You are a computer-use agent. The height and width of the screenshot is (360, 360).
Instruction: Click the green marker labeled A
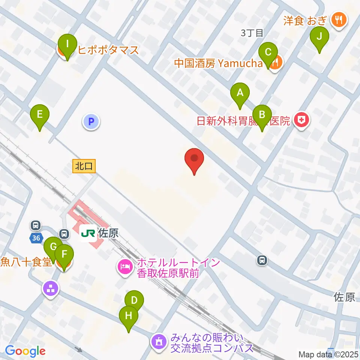(240, 92)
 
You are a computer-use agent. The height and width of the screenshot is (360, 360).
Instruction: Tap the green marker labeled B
(262, 115)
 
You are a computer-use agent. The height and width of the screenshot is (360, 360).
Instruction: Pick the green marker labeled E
(40, 114)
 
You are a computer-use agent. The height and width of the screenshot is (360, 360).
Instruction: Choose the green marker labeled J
(319, 37)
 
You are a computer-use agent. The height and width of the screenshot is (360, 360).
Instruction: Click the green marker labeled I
(67, 44)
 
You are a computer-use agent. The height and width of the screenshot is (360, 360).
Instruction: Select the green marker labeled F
(64, 255)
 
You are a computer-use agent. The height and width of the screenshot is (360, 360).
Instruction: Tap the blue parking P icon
(91, 121)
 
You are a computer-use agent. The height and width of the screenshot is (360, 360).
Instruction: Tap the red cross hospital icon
(301, 120)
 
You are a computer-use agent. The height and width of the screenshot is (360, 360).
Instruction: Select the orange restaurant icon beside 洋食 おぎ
(339, 19)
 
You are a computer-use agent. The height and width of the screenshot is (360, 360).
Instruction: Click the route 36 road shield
(36, 238)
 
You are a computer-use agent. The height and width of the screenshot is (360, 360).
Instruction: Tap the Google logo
(25, 351)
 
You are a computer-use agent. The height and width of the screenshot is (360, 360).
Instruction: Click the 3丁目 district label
(252, 33)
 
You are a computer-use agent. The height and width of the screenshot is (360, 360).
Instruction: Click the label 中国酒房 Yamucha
(218, 63)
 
